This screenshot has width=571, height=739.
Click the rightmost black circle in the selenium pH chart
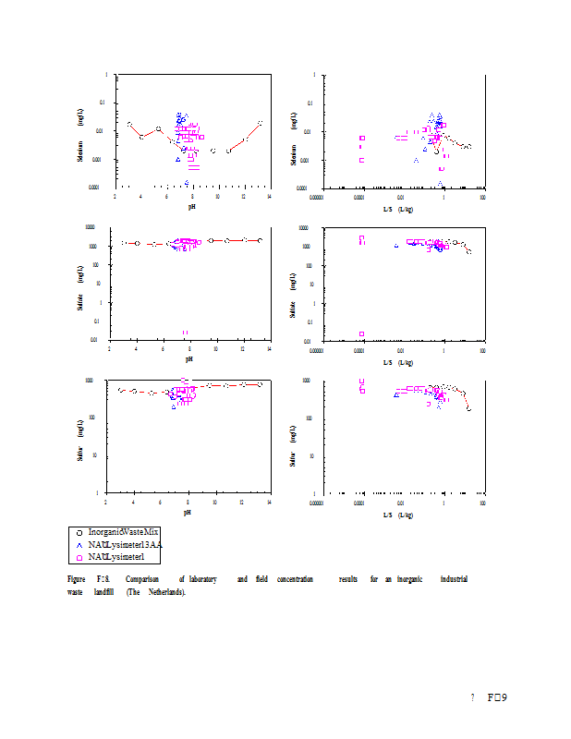point(261,122)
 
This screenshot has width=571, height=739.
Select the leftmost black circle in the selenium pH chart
point(129,124)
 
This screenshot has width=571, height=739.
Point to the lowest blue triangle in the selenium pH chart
point(187,182)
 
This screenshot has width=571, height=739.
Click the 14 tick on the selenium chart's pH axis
point(269,196)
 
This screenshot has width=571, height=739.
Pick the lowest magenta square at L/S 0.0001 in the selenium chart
point(362,145)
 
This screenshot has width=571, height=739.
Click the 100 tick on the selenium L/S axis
point(483,196)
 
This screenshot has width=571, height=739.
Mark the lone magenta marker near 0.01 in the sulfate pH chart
point(185,332)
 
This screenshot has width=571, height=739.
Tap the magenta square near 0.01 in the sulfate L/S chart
point(361,333)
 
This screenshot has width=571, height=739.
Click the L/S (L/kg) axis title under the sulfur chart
point(398,513)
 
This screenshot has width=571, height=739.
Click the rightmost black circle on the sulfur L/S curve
point(469,408)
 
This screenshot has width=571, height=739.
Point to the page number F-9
point(498,697)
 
